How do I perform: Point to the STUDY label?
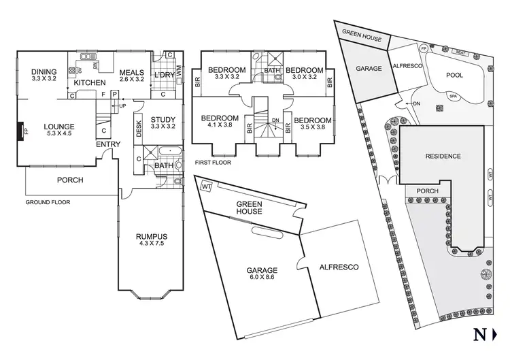click(x=163, y=120)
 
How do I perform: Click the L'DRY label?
click(x=164, y=73)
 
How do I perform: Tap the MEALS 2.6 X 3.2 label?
click(x=133, y=74)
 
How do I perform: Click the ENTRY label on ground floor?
click(x=108, y=144)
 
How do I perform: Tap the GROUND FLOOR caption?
click(x=48, y=203)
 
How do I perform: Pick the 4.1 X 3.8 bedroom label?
click(x=220, y=121)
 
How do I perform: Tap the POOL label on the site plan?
click(x=455, y=77)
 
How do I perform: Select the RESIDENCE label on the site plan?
click(x=443, y=156)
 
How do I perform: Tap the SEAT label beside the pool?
click(x=460, y=52)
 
